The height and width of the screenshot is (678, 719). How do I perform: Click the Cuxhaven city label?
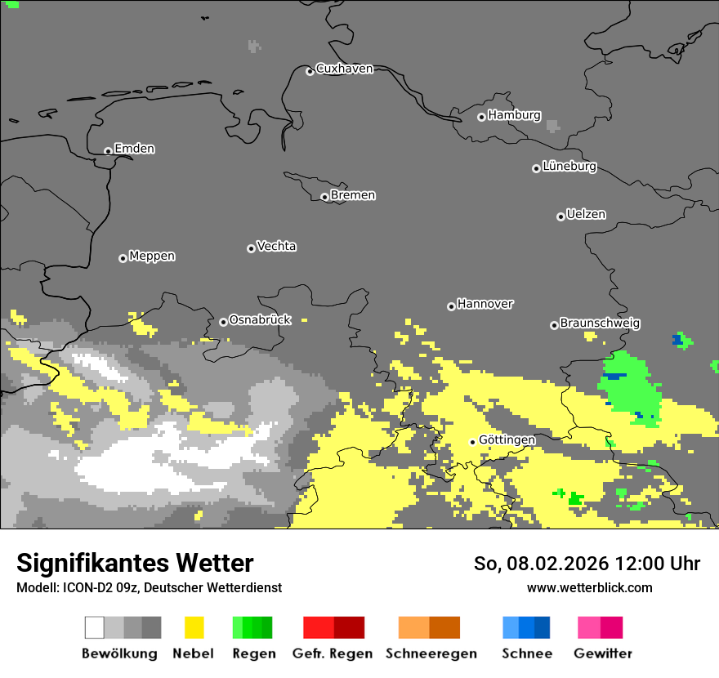coord(344,69)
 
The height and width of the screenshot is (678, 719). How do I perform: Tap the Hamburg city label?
coord(514,115)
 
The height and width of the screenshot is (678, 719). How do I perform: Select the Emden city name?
coord(134,149)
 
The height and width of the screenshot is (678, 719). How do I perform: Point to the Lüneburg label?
coord(569,167)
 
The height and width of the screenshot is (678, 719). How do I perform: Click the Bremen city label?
coord(353,195)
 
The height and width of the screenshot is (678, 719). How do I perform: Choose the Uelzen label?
coord(586,215)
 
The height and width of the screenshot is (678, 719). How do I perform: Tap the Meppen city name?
coord(152,256)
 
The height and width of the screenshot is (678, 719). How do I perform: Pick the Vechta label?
coord(276,247)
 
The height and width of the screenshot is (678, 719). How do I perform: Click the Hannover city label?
coord(485,304)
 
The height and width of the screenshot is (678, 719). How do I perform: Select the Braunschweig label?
coord(600,323)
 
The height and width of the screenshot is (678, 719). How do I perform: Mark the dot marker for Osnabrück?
coord(223,322)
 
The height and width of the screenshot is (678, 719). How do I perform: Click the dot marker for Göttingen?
coord(472,442)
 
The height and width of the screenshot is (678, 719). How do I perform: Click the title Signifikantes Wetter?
coord(135,563)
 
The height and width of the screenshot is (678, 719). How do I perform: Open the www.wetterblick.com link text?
coord(589,587)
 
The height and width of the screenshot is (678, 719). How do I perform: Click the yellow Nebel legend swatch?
coord(194,627)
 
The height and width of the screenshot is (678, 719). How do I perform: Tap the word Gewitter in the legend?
coord(603,653)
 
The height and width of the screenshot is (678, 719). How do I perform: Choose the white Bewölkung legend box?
coord(95,627)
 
